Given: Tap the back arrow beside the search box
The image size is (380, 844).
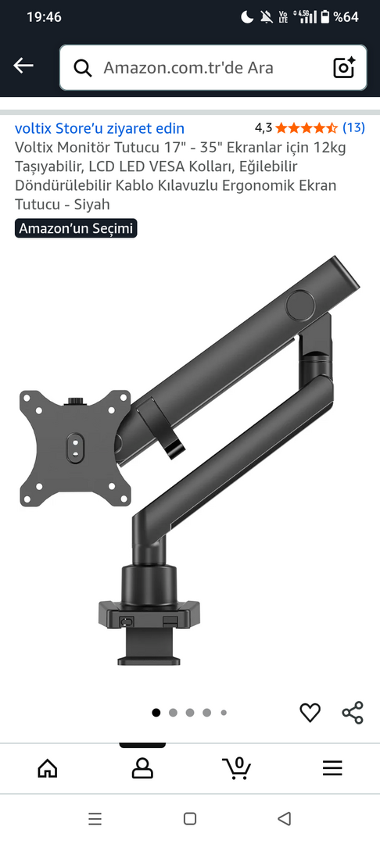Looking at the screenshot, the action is coord(23,66).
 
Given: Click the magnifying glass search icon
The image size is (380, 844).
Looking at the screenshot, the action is coord(82,68).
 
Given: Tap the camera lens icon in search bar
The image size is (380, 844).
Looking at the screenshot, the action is coord(345,67).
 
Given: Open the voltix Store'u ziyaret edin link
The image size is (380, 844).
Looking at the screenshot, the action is coord(99,128).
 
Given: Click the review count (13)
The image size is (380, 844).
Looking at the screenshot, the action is coord(353,127).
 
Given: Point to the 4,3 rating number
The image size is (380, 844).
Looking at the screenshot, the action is coord(263,128).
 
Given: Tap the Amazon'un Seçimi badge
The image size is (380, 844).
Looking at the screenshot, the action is coord(76,228).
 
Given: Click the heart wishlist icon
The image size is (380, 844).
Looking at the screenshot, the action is coord(310,713).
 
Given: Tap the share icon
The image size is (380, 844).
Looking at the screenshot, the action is coord(353,713).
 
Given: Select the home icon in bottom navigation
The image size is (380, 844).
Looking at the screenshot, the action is coord(48,767).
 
